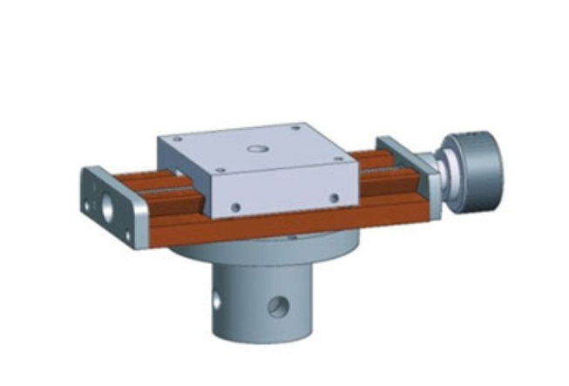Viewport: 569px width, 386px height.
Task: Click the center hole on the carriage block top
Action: [x=256, y=149]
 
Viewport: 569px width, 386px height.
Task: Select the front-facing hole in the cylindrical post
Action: [x=278, y=307]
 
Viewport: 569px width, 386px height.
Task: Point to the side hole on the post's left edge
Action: [x=216, y=301]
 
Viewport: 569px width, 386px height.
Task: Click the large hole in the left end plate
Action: [x=108, y=207]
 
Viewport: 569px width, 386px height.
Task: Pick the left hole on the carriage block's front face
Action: [x=234, y=207]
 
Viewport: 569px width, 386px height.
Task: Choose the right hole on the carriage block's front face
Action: [x=334, y=198]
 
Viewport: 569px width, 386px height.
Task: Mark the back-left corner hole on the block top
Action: [x=178, y=138]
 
